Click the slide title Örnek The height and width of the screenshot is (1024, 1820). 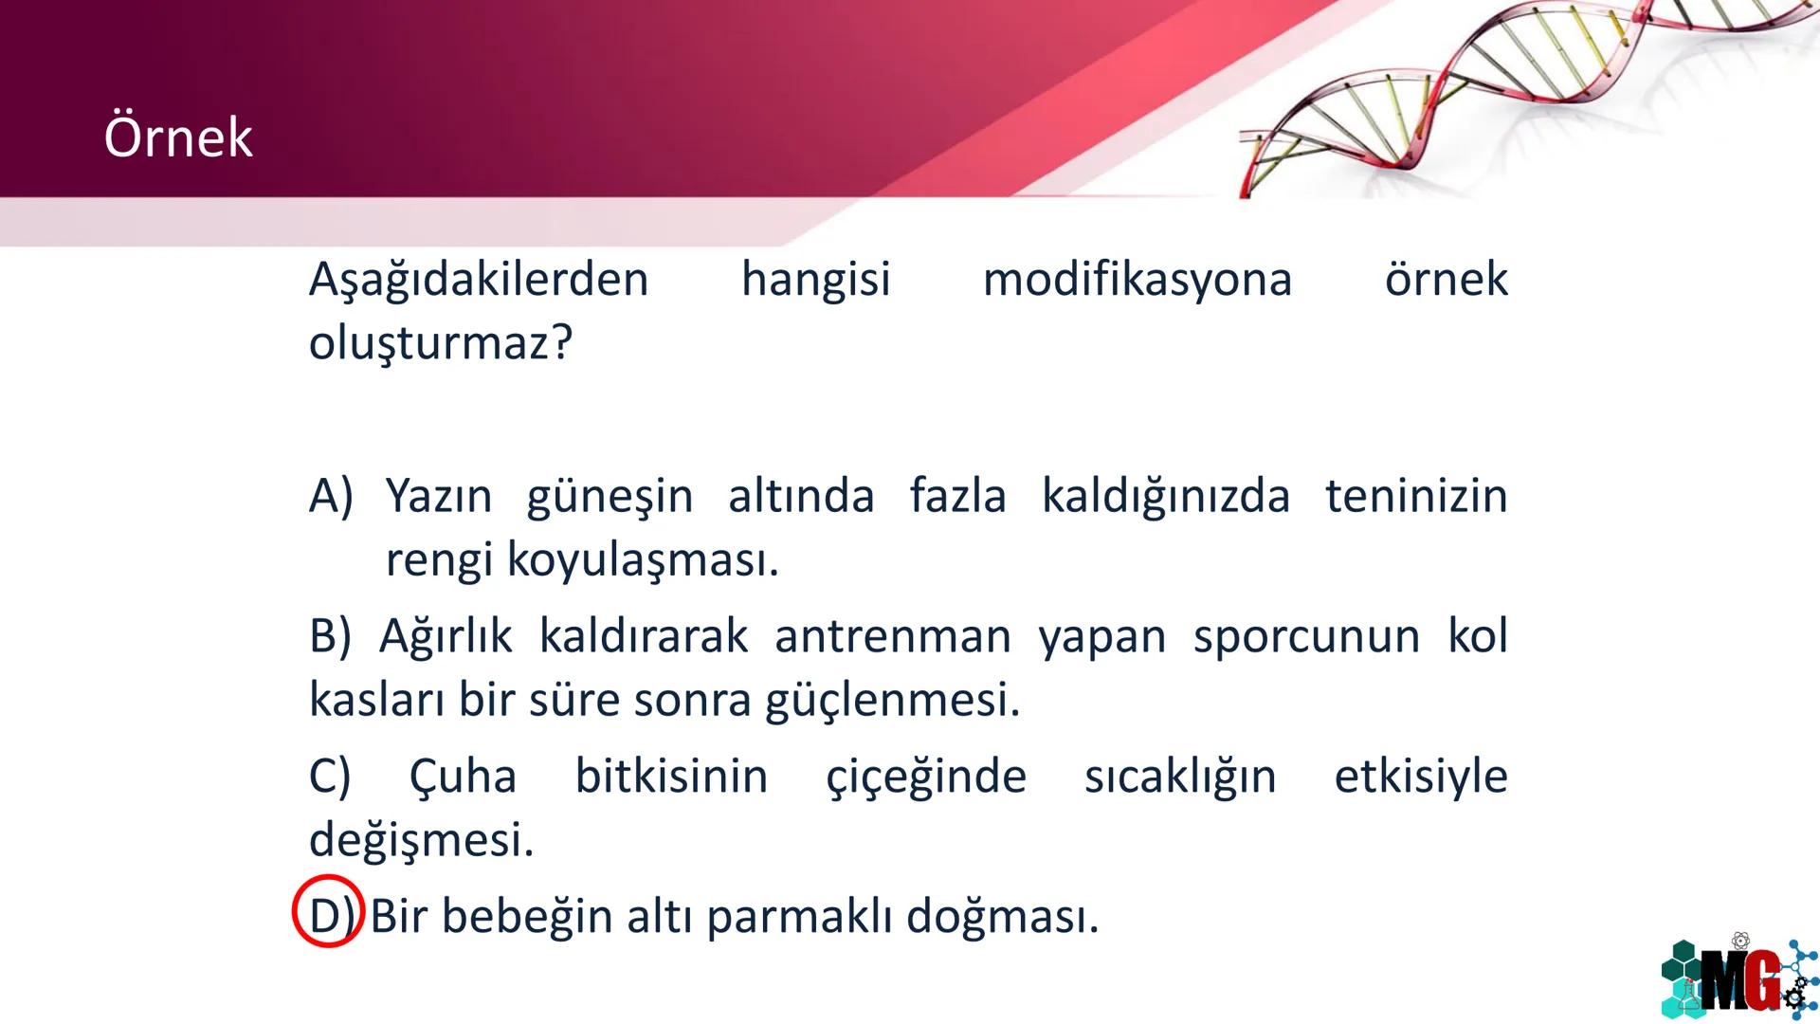pyautogui.click(x=178, y=137)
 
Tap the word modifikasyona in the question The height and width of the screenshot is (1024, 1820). pyautogui.click(x=1137, y=280)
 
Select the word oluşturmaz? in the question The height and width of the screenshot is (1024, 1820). pyautogui.click(x=441, y=343)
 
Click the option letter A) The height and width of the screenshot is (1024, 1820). pyautogui.click(x=331, y=496)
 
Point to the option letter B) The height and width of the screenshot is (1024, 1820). pyautogui.click(x=330, y=636)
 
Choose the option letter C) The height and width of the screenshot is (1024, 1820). pyautogui.click(x=330, y=777)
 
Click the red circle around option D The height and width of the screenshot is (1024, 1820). pyautogui.click(x=328, y=912)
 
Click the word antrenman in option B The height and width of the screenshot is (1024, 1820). pyautogui.click(x=893, y=636)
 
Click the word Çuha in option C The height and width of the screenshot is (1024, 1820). pyautogui.click(x=463, y=777)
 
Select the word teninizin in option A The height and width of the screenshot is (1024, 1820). pyautogui.click(x=1416, y=496)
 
